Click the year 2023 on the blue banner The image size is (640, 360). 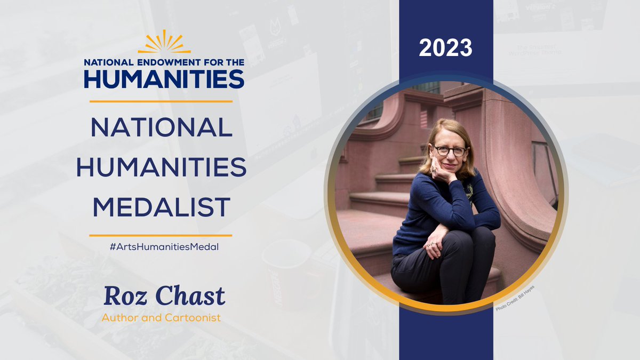coord(445,48)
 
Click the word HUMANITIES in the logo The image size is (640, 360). coord(164,78)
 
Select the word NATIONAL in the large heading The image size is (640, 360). coord(161,127)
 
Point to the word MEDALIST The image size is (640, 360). coord(161,207)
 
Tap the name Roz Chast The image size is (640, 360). coord(164,296)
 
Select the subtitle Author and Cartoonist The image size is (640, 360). coord(161,318)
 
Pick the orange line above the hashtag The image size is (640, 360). coord(161,235)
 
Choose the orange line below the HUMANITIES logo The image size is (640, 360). coord(161,101)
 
